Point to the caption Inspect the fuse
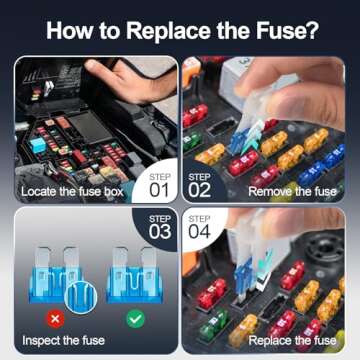[61, 339]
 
